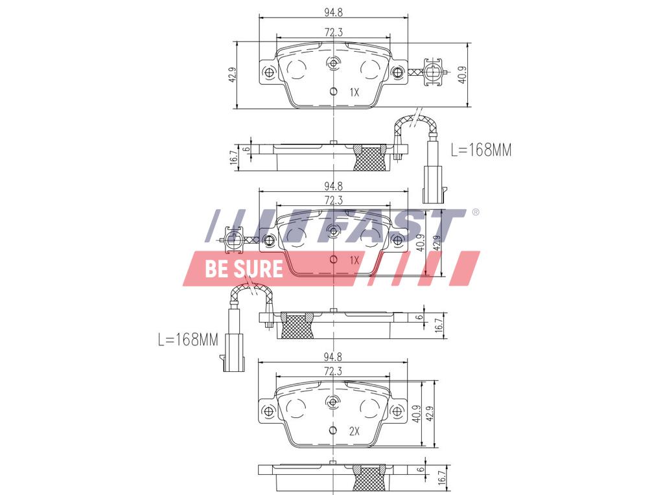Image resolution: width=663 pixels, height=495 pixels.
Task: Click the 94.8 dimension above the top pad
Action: tap(332, 10)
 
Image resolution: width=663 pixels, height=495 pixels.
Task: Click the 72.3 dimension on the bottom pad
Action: tap(332, 371)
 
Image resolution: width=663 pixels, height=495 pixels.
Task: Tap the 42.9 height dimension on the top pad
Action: tap(231, 75)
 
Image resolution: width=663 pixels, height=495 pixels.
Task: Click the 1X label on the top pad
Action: tap(354, 93)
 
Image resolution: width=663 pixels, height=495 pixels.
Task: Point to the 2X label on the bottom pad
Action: tap(354, 430)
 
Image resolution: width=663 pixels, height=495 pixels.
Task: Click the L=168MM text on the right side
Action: tap(481, 150)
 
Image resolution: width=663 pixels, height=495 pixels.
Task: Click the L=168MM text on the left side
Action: tap(188, 340)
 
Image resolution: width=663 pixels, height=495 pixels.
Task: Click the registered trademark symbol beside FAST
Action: tap(476, 213)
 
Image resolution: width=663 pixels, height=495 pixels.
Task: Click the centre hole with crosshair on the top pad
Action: tap(333, 63)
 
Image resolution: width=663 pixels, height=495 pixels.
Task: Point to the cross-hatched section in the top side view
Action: tap(371, 158)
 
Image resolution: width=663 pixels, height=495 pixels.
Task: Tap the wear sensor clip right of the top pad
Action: tap(432, 72)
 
